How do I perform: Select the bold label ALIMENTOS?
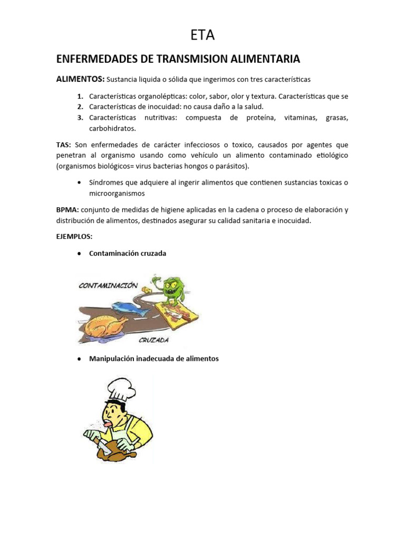pyautogui.click(x=80, y=79)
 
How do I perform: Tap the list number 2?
pyautogui.click(x=80, y=107)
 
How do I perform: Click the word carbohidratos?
pyautogui.click(x=112, y=128)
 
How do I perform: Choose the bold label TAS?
pyautogui.click(x=64, y=144)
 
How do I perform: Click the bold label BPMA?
pyautogui.click(x=67, y=210)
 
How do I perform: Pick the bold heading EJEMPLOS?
pyautogui.click(x=74, y=237)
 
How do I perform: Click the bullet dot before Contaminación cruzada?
pyautogui.click(x=79, y=254)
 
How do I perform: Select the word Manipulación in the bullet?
pyautogui.click(x=111, y=359)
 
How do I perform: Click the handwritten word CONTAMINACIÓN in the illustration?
pyautogui.click(x=109, y=285)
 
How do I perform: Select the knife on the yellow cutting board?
pyautogui.click(x=172, y=312)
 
